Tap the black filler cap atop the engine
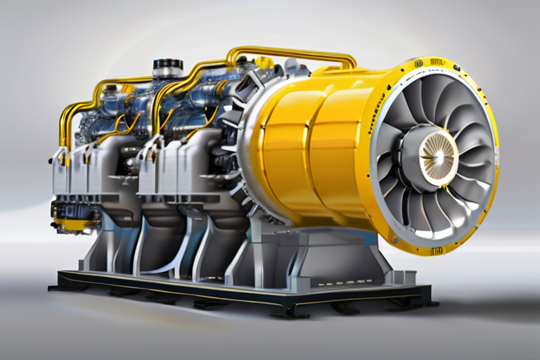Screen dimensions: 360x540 tap(167, 67)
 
